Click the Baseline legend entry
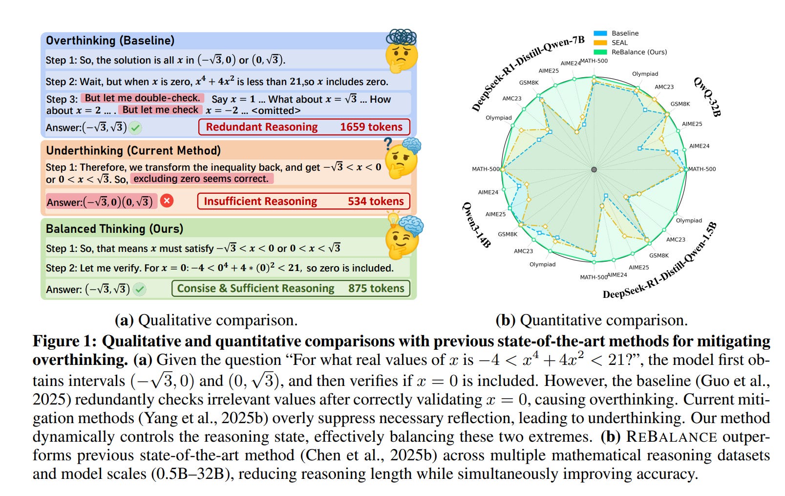625,33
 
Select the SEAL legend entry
619,43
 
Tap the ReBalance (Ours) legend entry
638,52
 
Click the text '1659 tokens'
371,127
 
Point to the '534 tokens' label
376,202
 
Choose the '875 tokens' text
376,289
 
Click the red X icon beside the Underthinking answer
167,201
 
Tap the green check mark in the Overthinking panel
136,128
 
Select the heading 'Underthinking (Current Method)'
133,151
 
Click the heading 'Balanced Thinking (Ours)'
114,229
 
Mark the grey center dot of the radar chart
594,169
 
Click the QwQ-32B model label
707,96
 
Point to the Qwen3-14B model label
476,225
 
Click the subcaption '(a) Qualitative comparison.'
206,320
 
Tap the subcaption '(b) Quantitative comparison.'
591,320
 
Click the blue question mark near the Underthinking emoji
388,143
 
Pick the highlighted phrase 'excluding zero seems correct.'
201,179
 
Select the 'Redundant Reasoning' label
261,127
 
